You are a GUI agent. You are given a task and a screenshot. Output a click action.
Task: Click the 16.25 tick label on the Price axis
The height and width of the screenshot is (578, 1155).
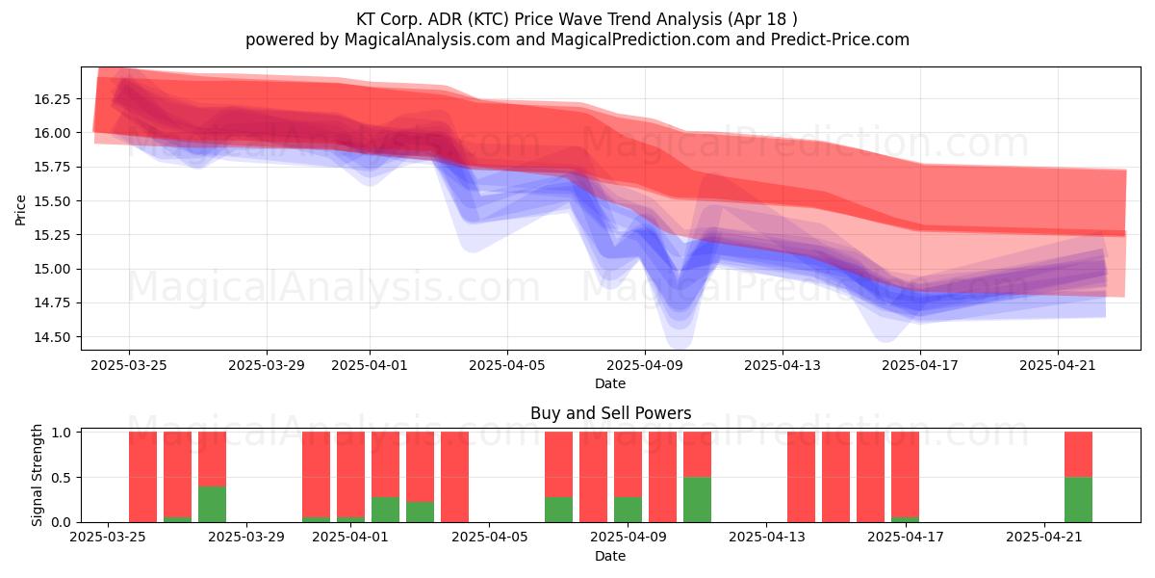click(52, 99)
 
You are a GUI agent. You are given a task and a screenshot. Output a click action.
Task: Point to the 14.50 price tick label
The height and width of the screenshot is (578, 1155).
click(52, 337)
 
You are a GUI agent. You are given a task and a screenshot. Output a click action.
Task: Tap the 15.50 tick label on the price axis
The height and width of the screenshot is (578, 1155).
click(52, 201)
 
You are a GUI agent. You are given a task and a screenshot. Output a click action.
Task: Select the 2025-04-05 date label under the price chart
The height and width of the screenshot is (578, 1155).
click(507, 365)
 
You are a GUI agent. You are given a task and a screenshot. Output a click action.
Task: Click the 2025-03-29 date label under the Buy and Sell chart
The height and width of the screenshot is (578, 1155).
click(246, 537)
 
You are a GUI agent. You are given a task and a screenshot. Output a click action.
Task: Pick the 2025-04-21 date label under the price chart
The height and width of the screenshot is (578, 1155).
click(1058, 365)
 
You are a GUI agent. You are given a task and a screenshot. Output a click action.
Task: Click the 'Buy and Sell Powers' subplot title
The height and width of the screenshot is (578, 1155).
click(610, 413)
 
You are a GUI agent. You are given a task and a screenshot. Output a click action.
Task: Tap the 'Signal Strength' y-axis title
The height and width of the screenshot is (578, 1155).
click(37, 475)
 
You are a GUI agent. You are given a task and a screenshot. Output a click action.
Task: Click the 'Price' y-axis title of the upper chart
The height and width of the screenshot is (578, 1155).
click(20, 210)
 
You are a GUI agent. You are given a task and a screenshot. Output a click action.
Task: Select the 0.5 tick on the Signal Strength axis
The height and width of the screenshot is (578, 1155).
click(62, 478)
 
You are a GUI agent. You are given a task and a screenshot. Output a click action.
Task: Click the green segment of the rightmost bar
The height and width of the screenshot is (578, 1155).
click(1078, 500)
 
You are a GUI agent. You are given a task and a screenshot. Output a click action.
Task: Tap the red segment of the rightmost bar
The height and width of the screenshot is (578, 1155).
click(1078, 455)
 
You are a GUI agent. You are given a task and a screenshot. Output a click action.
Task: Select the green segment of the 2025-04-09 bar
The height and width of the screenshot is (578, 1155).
click(628, 510)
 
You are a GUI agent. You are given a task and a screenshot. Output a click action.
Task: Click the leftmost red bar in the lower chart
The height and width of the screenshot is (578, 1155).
click(142, 477)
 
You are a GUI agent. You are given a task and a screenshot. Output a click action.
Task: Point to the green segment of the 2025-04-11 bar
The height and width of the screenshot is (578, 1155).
click(697, 500)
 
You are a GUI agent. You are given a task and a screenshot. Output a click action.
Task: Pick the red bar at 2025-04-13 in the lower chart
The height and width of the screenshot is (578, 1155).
click(801, 477)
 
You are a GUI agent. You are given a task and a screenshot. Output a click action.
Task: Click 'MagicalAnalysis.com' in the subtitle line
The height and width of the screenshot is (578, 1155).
click(427, 39)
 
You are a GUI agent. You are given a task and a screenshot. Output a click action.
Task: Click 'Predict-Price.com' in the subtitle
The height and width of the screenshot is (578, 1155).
click(840, 39)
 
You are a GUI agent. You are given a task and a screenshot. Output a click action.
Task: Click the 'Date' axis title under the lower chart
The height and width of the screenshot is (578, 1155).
click(610, 556)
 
